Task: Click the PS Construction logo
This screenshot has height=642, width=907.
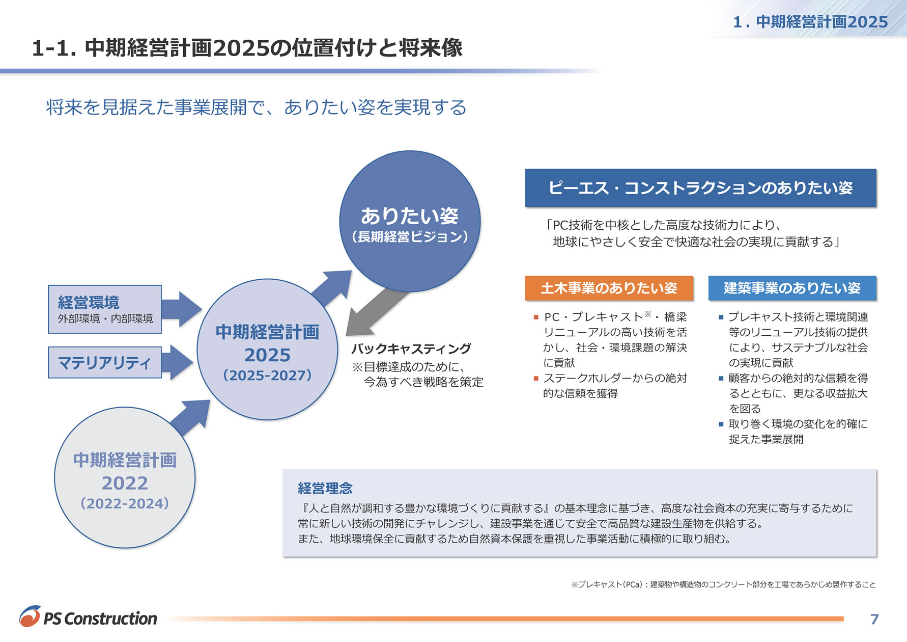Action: point(88,617)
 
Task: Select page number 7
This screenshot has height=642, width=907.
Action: point(874,619)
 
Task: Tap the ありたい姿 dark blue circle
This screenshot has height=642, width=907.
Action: point(410,221)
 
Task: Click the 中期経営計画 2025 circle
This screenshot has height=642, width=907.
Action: point(267,350)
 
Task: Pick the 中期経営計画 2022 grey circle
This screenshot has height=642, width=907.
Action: point(125,477)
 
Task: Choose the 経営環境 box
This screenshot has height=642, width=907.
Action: point(105,309)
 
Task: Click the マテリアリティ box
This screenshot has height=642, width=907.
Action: point(105,362)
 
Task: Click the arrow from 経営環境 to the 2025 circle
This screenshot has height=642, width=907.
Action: point(182,309)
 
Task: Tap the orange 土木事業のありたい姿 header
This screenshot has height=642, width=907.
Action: point(609,288)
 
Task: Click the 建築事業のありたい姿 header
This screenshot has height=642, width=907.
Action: point(792,288)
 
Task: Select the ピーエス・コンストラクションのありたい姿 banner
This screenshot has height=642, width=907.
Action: point(701,188)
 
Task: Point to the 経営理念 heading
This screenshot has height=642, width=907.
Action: point(325,488)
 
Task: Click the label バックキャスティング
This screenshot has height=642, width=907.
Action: point(411,349)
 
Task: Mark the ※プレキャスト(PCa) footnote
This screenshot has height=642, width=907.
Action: point(723,584)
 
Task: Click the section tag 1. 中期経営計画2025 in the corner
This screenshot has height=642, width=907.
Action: point(810,22)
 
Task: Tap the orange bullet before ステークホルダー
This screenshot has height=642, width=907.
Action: point(536,378)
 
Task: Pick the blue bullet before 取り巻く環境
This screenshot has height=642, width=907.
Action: point(721,424)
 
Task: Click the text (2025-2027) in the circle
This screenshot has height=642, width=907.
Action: point(267,376)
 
